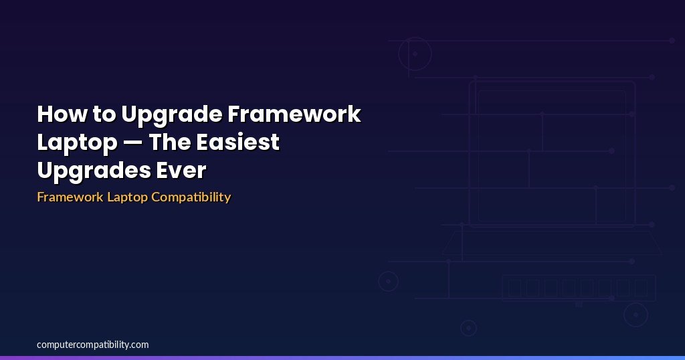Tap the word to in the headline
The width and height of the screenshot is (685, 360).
pos(104,114)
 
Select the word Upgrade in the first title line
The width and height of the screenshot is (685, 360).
pos(172,116)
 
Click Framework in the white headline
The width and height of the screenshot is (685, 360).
pos(294,114)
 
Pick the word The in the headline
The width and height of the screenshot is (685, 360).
pos(170,142)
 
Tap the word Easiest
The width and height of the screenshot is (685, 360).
pos(237,142)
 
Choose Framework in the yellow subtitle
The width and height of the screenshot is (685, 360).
pos(70,197)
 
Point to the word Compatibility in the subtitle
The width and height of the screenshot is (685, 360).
pos(191,197)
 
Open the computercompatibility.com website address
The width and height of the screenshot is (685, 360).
pos(92,345)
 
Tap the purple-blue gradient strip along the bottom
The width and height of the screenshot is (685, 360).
pos(342,358)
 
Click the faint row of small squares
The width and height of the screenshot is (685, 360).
pos(579,288)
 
